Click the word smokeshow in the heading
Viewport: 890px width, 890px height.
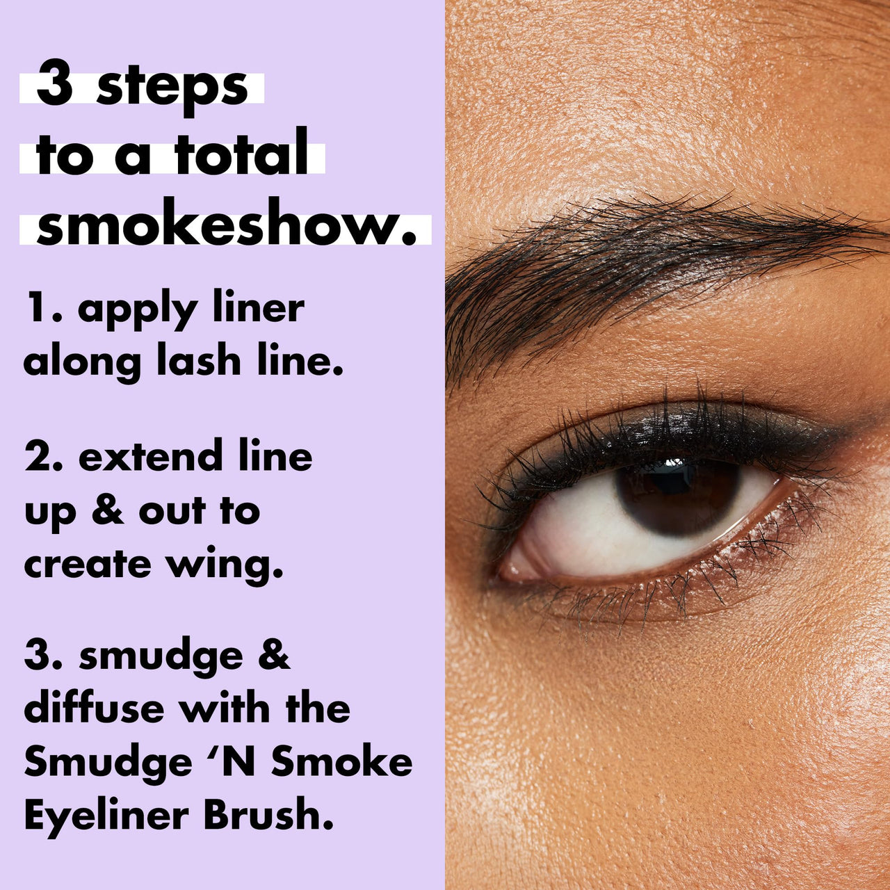[x=220, y=227]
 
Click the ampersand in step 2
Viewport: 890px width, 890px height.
[x=107, y=510]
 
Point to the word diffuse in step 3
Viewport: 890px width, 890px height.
[x=93, y=709]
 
